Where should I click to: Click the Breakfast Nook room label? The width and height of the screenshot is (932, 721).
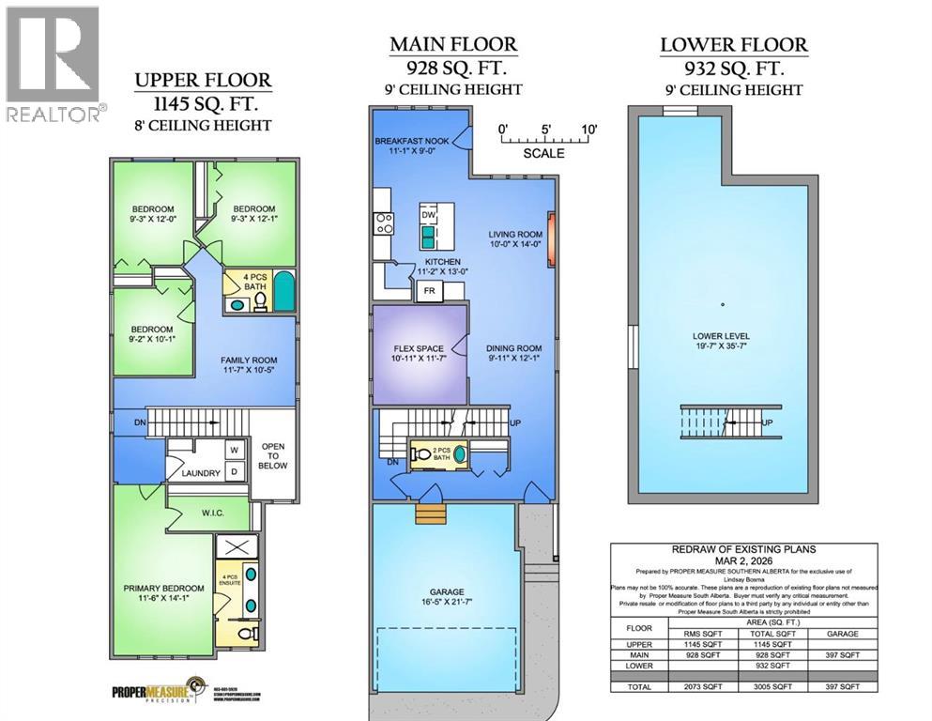[411, 141]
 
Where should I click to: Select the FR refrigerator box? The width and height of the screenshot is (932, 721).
[429, 291]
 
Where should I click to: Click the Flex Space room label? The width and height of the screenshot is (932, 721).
[416, 349]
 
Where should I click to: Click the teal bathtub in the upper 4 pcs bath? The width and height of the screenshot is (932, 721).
[283, 291]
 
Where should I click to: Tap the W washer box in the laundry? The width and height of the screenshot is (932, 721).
[233, 450]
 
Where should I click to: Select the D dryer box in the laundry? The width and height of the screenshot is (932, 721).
[233, 470]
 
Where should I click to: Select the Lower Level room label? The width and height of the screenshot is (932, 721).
[721, 335]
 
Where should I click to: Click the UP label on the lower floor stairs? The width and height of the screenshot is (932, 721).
[768, 422]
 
